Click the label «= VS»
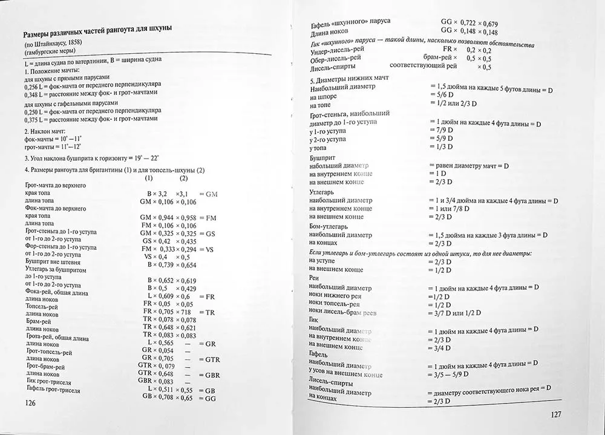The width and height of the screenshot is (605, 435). (206, 249)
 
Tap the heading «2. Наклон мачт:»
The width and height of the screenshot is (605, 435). (47, 131)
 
